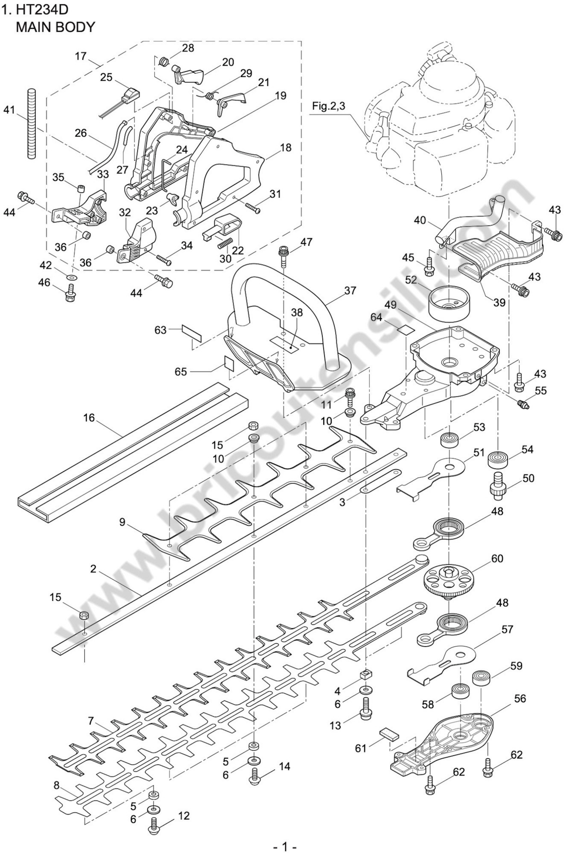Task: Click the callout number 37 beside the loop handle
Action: coord(350,291)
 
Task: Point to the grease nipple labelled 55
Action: coord(523,404)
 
